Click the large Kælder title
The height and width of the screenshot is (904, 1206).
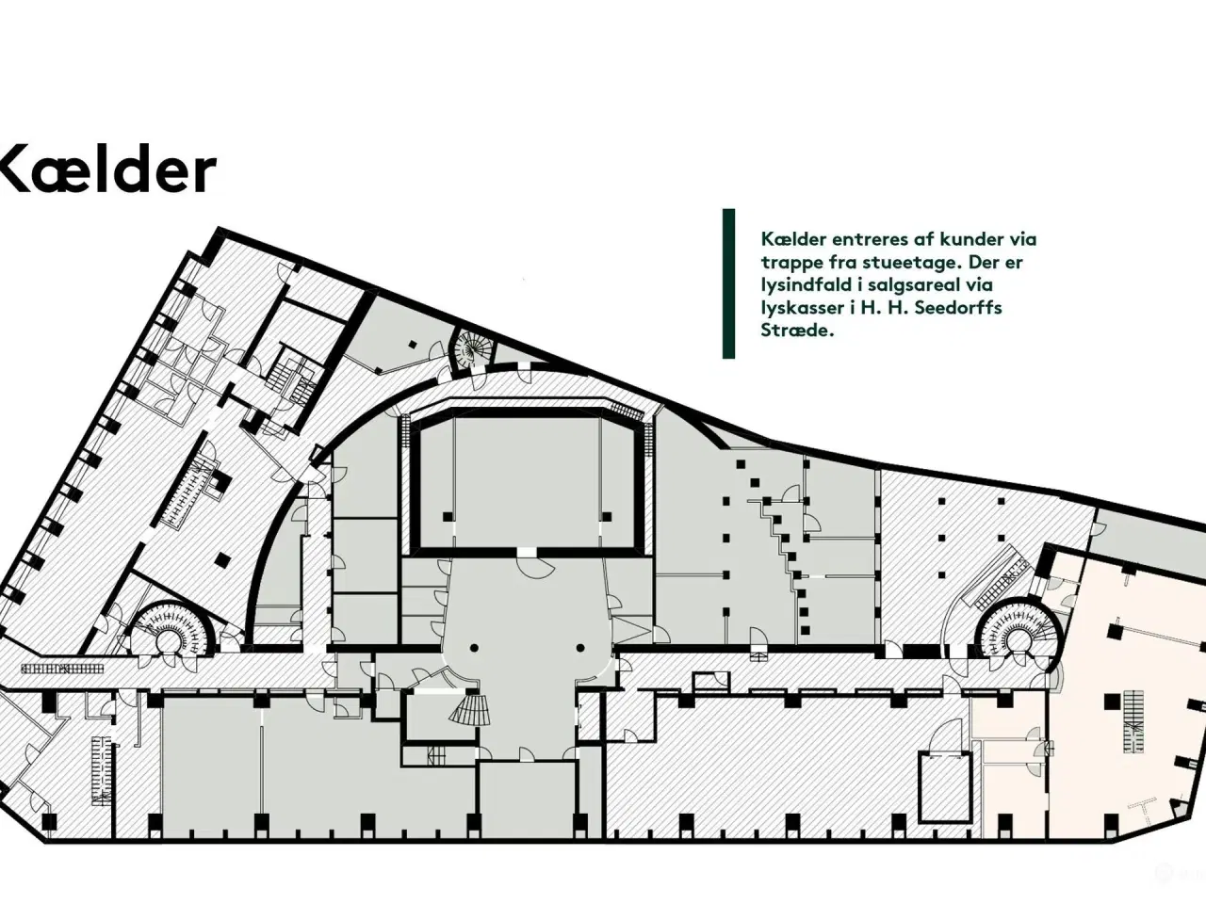tap(107, 169)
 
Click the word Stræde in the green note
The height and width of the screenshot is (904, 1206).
tap(797, 331)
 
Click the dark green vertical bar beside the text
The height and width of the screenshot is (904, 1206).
tap(728, 283)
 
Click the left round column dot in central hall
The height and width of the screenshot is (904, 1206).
tap(474, 648)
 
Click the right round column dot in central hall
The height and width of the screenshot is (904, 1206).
tap(580, 648)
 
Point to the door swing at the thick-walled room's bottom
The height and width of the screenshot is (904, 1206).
tap(536, 568)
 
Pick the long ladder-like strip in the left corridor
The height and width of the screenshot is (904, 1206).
tap(62, 669)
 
